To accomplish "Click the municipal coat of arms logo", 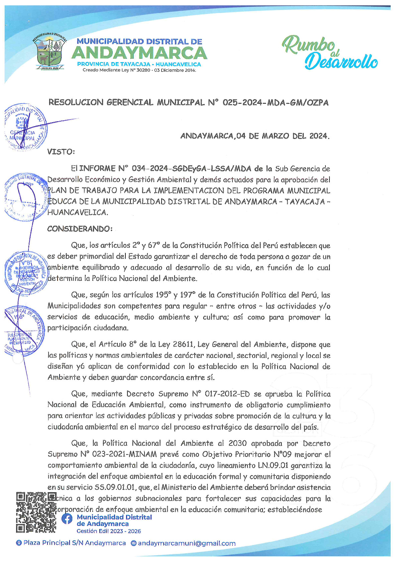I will click(49, 51).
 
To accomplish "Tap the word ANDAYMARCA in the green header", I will click(139, 53).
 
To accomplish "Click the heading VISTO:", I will click(61, 152).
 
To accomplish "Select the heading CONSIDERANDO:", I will click(80, 229).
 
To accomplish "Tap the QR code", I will click(36, 512).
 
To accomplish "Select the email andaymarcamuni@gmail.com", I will click(187, 543).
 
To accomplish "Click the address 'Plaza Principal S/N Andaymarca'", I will click(75, 543).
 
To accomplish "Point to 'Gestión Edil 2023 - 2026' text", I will click(109, 531).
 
